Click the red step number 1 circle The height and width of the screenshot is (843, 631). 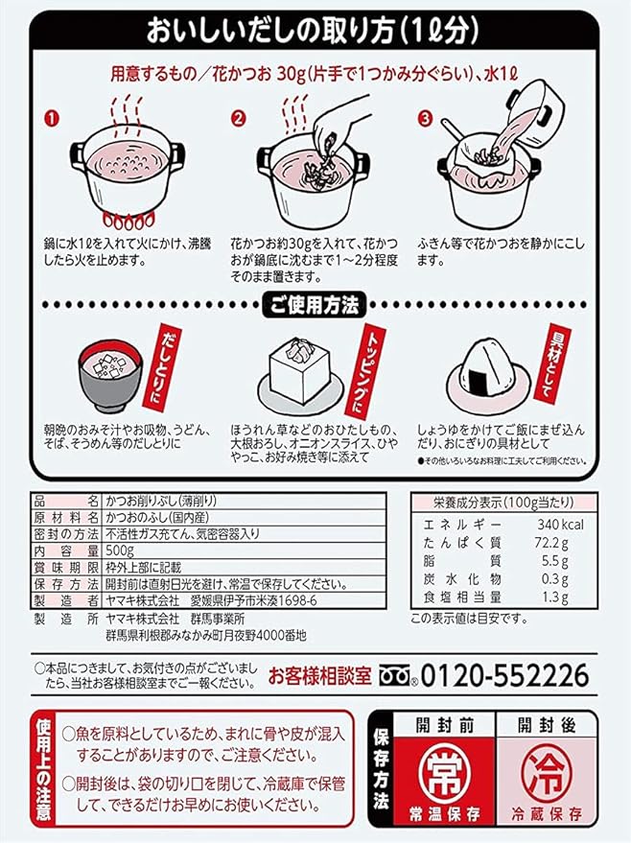coord(54,120)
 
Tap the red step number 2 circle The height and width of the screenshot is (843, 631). coord(240,120)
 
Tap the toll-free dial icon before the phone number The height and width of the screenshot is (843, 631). coord(401,675)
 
